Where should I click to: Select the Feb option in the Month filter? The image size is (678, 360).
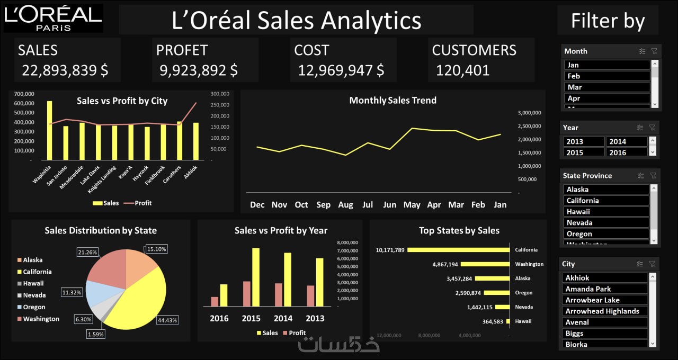[x=607, y=76]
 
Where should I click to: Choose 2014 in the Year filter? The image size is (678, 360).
[x=627, y=141]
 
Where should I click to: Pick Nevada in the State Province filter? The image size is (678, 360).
[x=605, y=223]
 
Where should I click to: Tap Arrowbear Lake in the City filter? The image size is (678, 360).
[x=604, y=300]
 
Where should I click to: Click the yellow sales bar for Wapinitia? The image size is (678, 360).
[x=50, y=130]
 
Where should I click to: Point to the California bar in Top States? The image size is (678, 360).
[x=459, y=250]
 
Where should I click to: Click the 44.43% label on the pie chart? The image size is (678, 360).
[x=167, y=320]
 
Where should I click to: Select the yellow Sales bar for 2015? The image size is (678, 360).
[x=256, y=277]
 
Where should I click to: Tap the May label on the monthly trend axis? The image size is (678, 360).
[x=412, y=205]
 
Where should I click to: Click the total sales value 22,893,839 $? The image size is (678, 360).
[x=65, y=70]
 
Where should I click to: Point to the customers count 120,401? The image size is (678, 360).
[x=462, y=70]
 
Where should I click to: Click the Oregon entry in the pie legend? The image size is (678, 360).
[x=33, y=307]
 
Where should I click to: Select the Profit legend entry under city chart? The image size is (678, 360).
[x=142, y=203]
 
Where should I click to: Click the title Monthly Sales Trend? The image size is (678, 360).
[x=392, y=100]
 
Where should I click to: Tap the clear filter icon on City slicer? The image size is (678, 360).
[x=654, y=264]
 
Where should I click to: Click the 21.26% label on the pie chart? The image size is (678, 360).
[x=87, y=253]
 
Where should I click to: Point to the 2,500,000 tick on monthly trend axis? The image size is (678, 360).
[x=529, y=126]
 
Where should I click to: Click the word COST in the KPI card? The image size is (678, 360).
[x=311, y=50]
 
